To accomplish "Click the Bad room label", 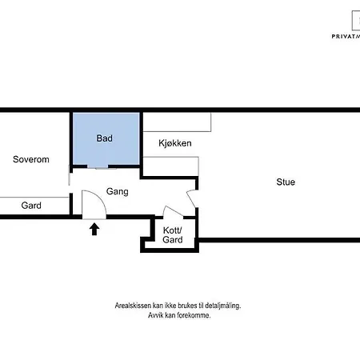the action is point(104,138).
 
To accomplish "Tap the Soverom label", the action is point(31,159).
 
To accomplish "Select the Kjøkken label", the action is point(175,143).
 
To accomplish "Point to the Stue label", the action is point(286,182).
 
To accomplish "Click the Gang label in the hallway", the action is point(118,191).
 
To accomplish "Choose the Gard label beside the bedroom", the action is point(31,206).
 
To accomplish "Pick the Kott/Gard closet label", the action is point(173,235).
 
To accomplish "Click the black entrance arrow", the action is point(94,230).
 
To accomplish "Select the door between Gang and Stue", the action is point(191,198).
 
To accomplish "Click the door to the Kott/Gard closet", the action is point(173,210).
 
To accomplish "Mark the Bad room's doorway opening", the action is point(102,167).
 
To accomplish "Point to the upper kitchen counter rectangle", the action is point(177,122).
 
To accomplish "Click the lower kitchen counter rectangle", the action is point(170,166).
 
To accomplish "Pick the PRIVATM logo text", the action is point(346,36).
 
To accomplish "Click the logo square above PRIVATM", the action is point(356,21).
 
